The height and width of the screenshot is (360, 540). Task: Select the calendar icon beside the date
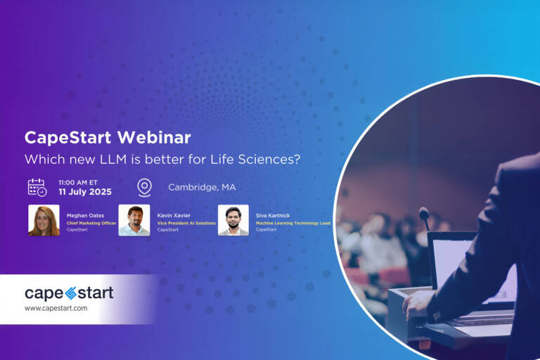click(x=37, y=187)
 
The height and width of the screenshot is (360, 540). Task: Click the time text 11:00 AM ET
click(x=78, y=181)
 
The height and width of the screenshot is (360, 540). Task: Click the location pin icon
click(x=144, y=187)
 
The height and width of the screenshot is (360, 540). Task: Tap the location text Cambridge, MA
click(x=202, y=187)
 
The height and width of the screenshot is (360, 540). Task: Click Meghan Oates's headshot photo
click(x=44, y=220)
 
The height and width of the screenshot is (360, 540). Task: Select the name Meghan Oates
click(x=84, y=215)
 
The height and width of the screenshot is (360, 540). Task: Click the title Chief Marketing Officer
click(x=91, y=223)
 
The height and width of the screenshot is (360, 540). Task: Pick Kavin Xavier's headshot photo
click(x=134, y=220)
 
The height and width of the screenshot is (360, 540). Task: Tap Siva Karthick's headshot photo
click(x=233, y=220)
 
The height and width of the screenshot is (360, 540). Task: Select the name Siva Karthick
click(x=273, y=215)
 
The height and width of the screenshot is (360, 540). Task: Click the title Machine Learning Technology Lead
click(x=293, y=223)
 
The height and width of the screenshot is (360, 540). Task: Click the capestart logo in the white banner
click(x=69, y=293)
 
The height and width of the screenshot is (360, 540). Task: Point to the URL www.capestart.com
click(x=56, y=309)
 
